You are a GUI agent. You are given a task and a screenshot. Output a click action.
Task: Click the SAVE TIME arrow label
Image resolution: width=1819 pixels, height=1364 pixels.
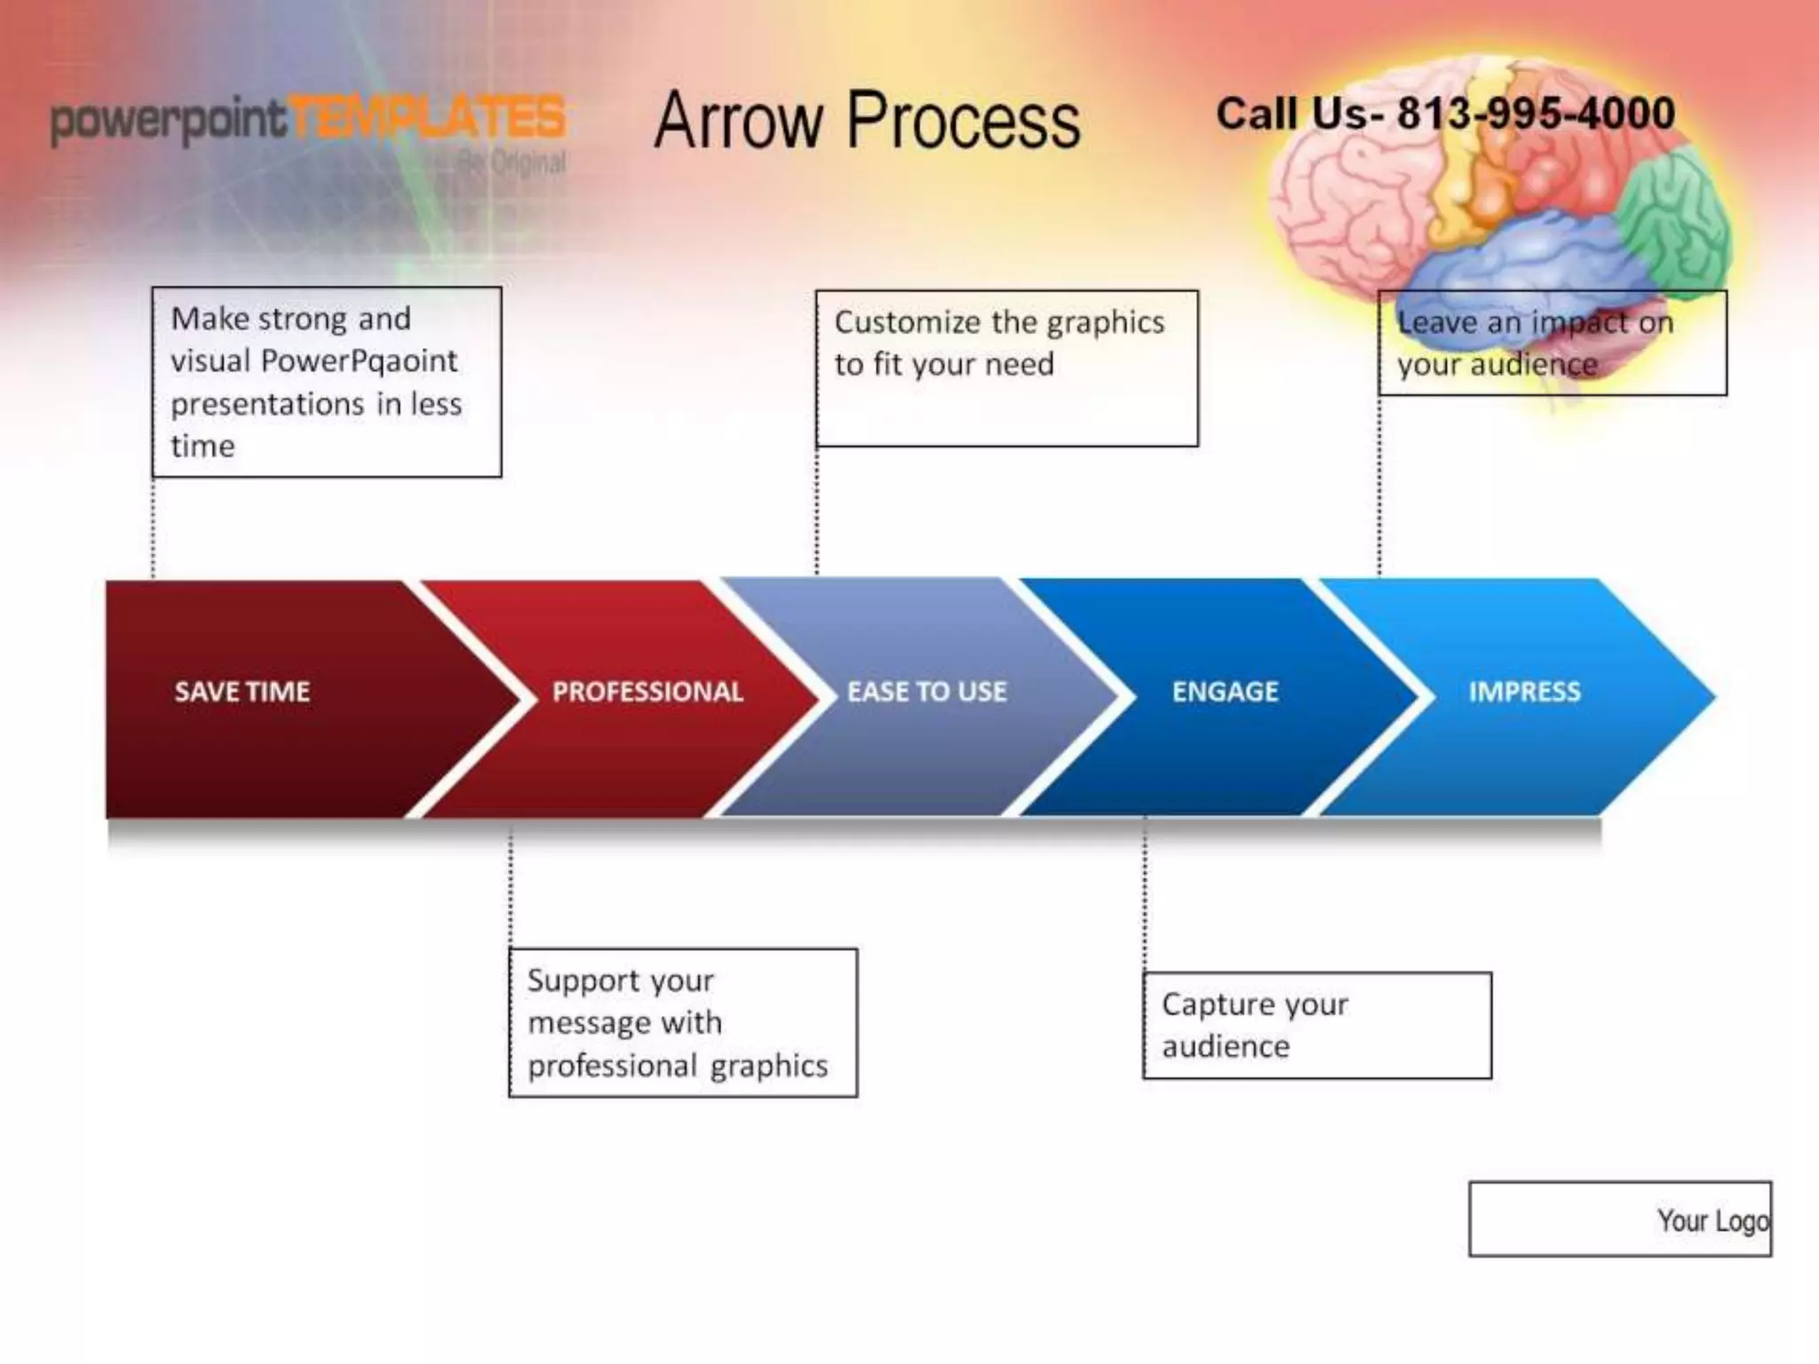click(242, 691)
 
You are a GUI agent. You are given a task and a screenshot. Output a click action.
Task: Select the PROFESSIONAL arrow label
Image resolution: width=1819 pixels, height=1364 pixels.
click(647, 691)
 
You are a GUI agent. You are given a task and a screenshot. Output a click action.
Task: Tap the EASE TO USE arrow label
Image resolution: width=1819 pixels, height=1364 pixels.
click(926, 691)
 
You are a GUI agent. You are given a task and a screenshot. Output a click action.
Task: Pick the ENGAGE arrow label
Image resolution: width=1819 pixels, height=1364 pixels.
click(1225, 691)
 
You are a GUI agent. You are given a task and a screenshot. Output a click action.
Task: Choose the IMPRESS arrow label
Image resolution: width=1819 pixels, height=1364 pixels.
click(1524, 691)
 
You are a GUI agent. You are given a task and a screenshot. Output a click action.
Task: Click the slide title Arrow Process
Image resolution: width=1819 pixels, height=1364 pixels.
click(867, 120)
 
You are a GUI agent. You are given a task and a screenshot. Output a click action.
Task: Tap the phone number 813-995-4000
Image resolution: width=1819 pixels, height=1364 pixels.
click(1536, 114)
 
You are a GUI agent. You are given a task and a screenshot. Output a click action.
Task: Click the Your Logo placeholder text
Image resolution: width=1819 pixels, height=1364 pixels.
click(1712, 1221)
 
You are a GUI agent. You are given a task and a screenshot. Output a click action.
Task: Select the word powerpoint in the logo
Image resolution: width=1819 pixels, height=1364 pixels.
click(169, 120)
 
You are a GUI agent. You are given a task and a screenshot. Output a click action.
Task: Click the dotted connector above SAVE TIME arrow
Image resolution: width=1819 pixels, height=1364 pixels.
click(154, 528)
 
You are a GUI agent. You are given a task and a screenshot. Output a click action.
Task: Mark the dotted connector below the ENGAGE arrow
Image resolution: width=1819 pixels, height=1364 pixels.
click(1144, 892)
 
